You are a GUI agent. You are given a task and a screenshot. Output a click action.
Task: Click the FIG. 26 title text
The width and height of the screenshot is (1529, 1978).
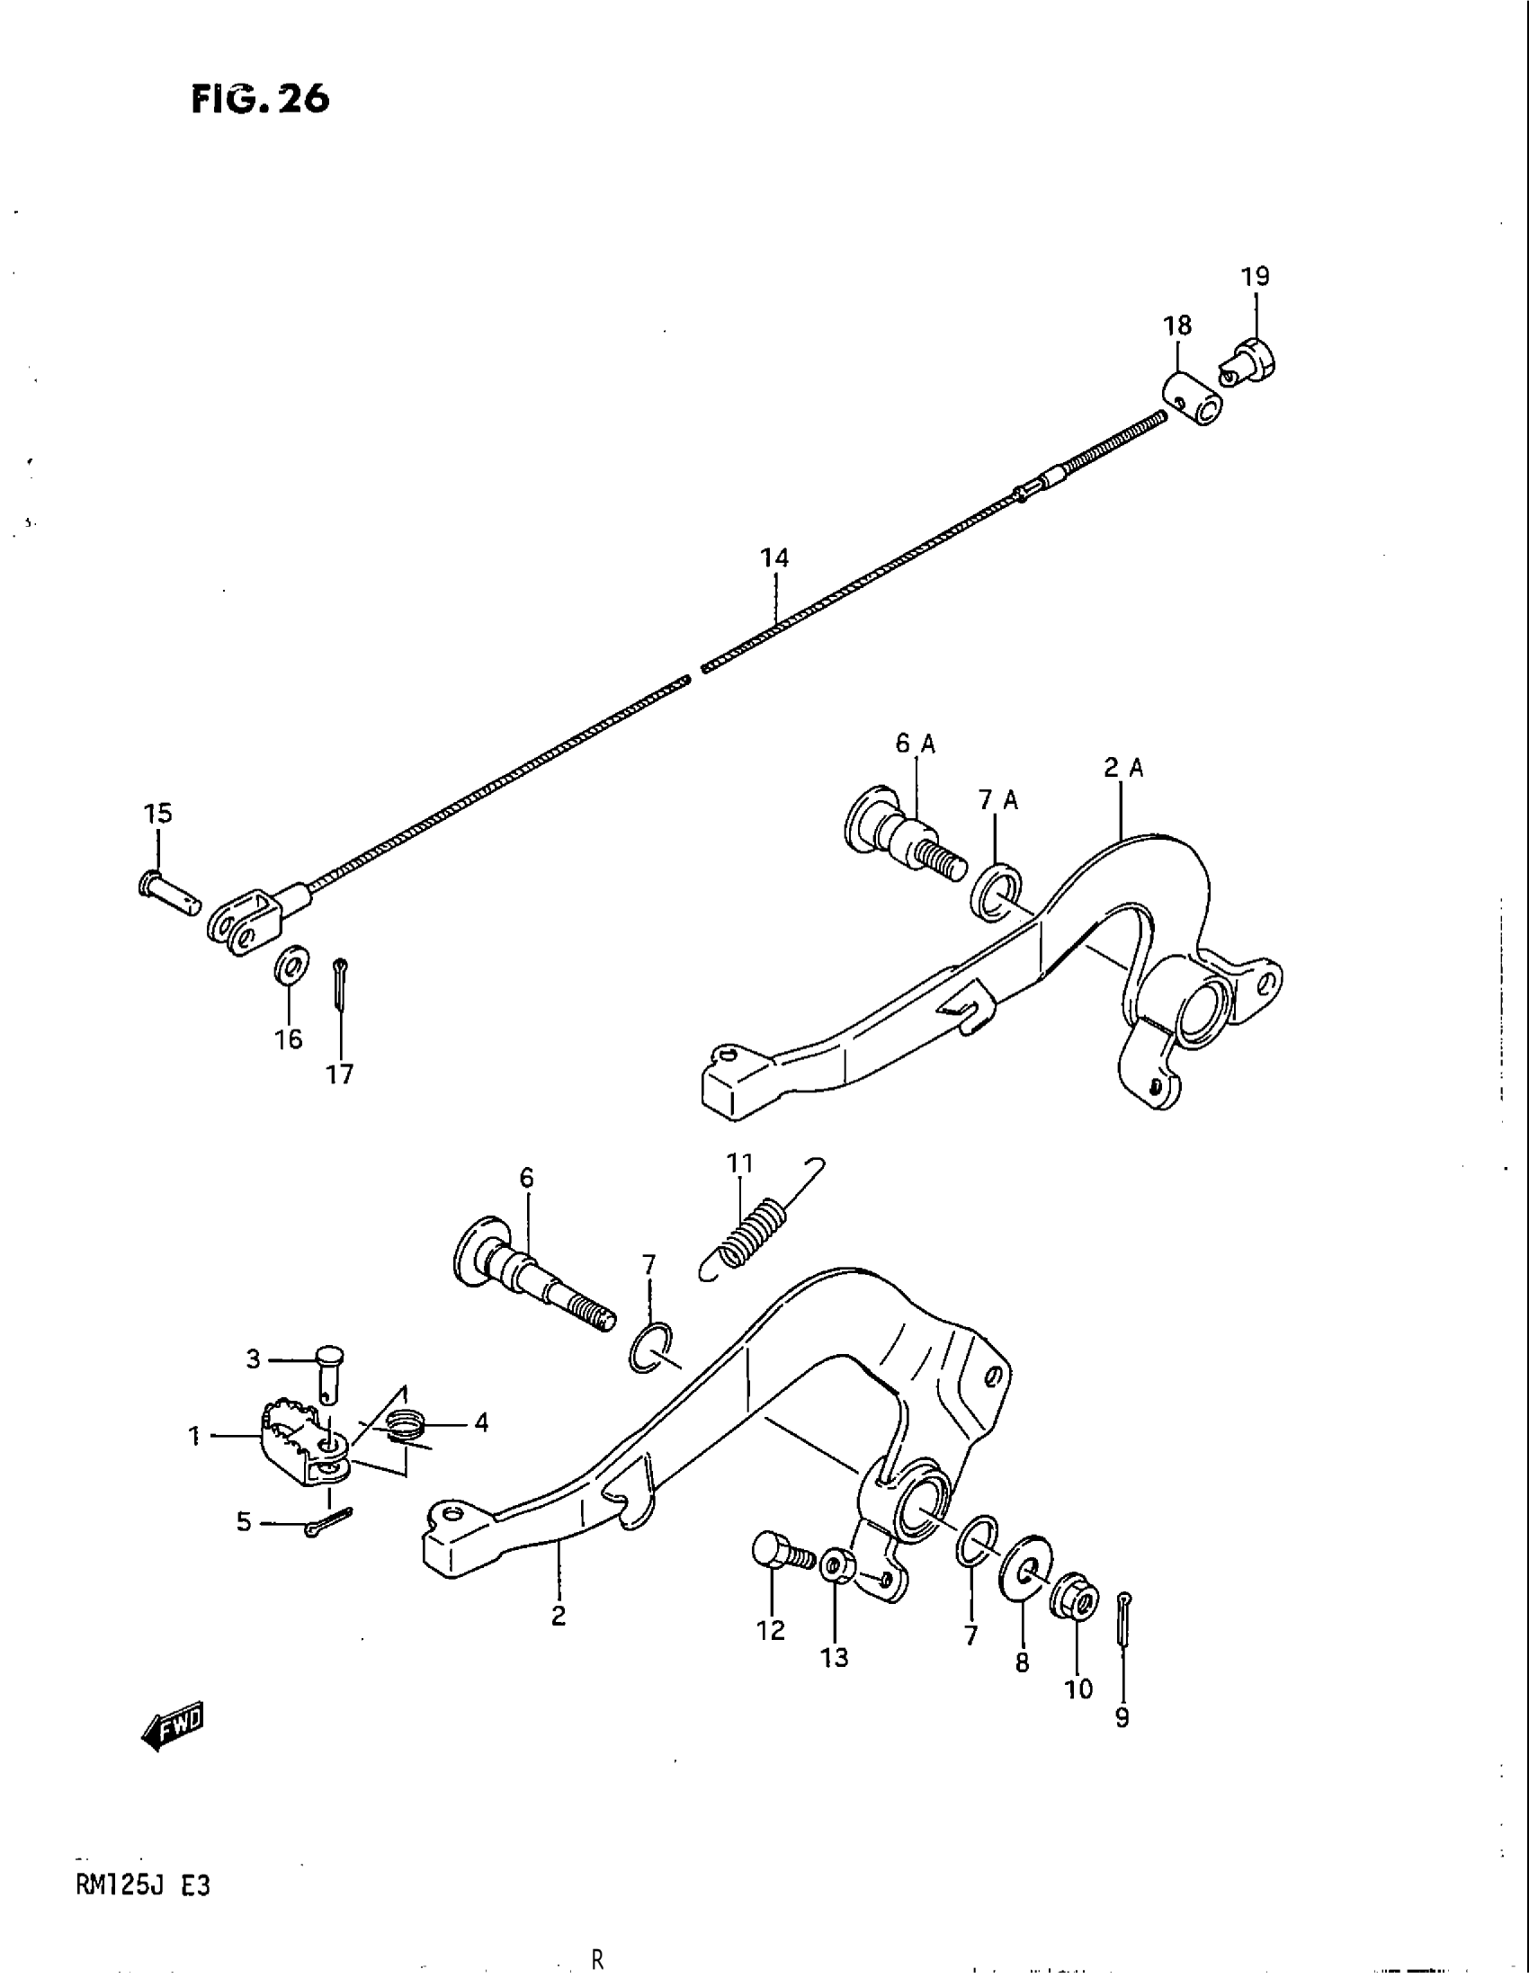(x=260, y=99)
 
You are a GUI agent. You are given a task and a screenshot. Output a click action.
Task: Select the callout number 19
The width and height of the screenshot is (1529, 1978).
(x=1255, y=276)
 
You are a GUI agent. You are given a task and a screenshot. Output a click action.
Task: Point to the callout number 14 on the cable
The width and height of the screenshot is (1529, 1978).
(x=774, y=558)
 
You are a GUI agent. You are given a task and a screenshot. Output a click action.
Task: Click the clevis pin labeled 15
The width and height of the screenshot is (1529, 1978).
(x=168, y=891)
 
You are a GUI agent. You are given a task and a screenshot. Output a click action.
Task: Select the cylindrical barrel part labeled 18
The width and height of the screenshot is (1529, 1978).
(x=1191, y=397)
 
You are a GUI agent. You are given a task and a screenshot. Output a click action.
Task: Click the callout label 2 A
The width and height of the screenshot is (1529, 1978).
(x=1123, y=769)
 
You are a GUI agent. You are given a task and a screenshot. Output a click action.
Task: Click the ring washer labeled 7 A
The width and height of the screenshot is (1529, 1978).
(x=997, y=892)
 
